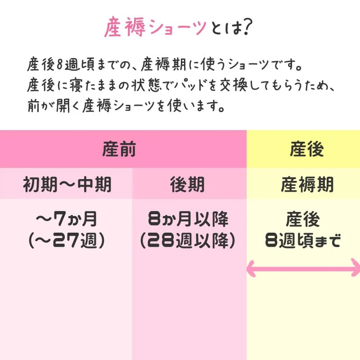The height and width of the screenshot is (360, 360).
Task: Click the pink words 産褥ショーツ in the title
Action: (156, 28)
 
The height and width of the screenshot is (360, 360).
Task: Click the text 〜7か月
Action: (66, 220)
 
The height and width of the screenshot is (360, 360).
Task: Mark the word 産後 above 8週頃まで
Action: (302, 220)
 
